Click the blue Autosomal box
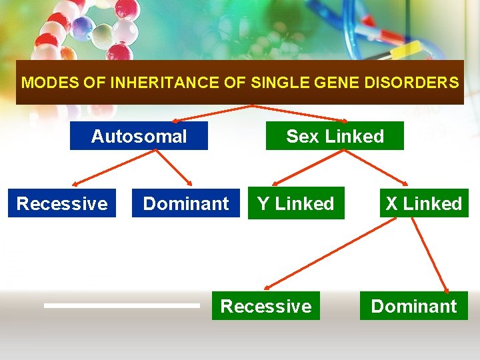point(139,136)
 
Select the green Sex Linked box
point(335,136)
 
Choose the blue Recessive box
point(62,203)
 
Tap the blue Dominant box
point(186,203)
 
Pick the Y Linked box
point(295,203)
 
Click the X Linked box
point(424,203)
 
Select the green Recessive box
point(265,306)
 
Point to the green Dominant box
point(413,306)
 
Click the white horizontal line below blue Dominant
point(122,305)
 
